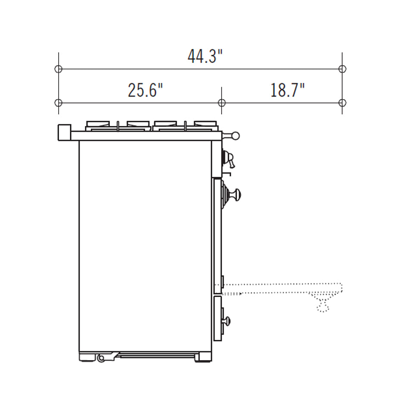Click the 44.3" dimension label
coord(205,56)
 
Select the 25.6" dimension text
coord(145,90)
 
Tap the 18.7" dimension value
coord(288,90)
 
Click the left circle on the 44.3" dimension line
coord(58,69)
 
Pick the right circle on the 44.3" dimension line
coord(342,69)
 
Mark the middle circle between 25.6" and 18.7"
coord(222,103)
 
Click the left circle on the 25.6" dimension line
coord(58,103)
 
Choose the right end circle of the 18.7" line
coord(342,103)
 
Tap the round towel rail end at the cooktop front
coord(236,136)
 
